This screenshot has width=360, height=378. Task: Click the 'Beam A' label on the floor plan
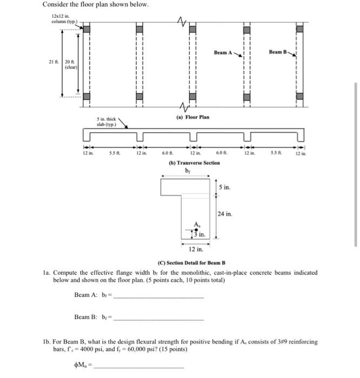tap(222, 53)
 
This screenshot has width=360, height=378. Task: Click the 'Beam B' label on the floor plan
tap(278, 52)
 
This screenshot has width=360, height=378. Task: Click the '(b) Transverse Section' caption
tap(195, 163)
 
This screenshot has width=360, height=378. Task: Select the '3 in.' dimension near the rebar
tap(199, 234)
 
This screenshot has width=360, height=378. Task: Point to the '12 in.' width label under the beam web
tap(195, 249)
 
